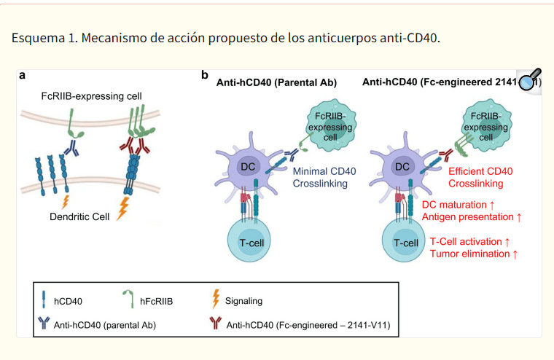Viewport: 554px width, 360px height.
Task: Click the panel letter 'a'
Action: tap(23, 75)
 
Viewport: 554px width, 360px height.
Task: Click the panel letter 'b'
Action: tap(205, 75)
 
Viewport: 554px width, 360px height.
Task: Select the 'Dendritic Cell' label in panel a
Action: tap(79, 217)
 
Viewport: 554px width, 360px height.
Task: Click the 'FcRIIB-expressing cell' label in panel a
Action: tap(91, 96)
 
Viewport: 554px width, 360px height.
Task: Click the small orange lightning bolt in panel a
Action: tap(66, 200)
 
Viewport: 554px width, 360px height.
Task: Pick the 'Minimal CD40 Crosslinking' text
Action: tap(324, 178)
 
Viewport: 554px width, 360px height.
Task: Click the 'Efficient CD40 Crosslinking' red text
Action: tap(470, 178)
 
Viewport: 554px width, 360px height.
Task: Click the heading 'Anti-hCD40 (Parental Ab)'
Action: tap(276, 82)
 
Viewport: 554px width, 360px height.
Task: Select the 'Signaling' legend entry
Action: tap(243, 300)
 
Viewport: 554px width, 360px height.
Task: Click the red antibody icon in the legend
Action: tap(214, 324)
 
